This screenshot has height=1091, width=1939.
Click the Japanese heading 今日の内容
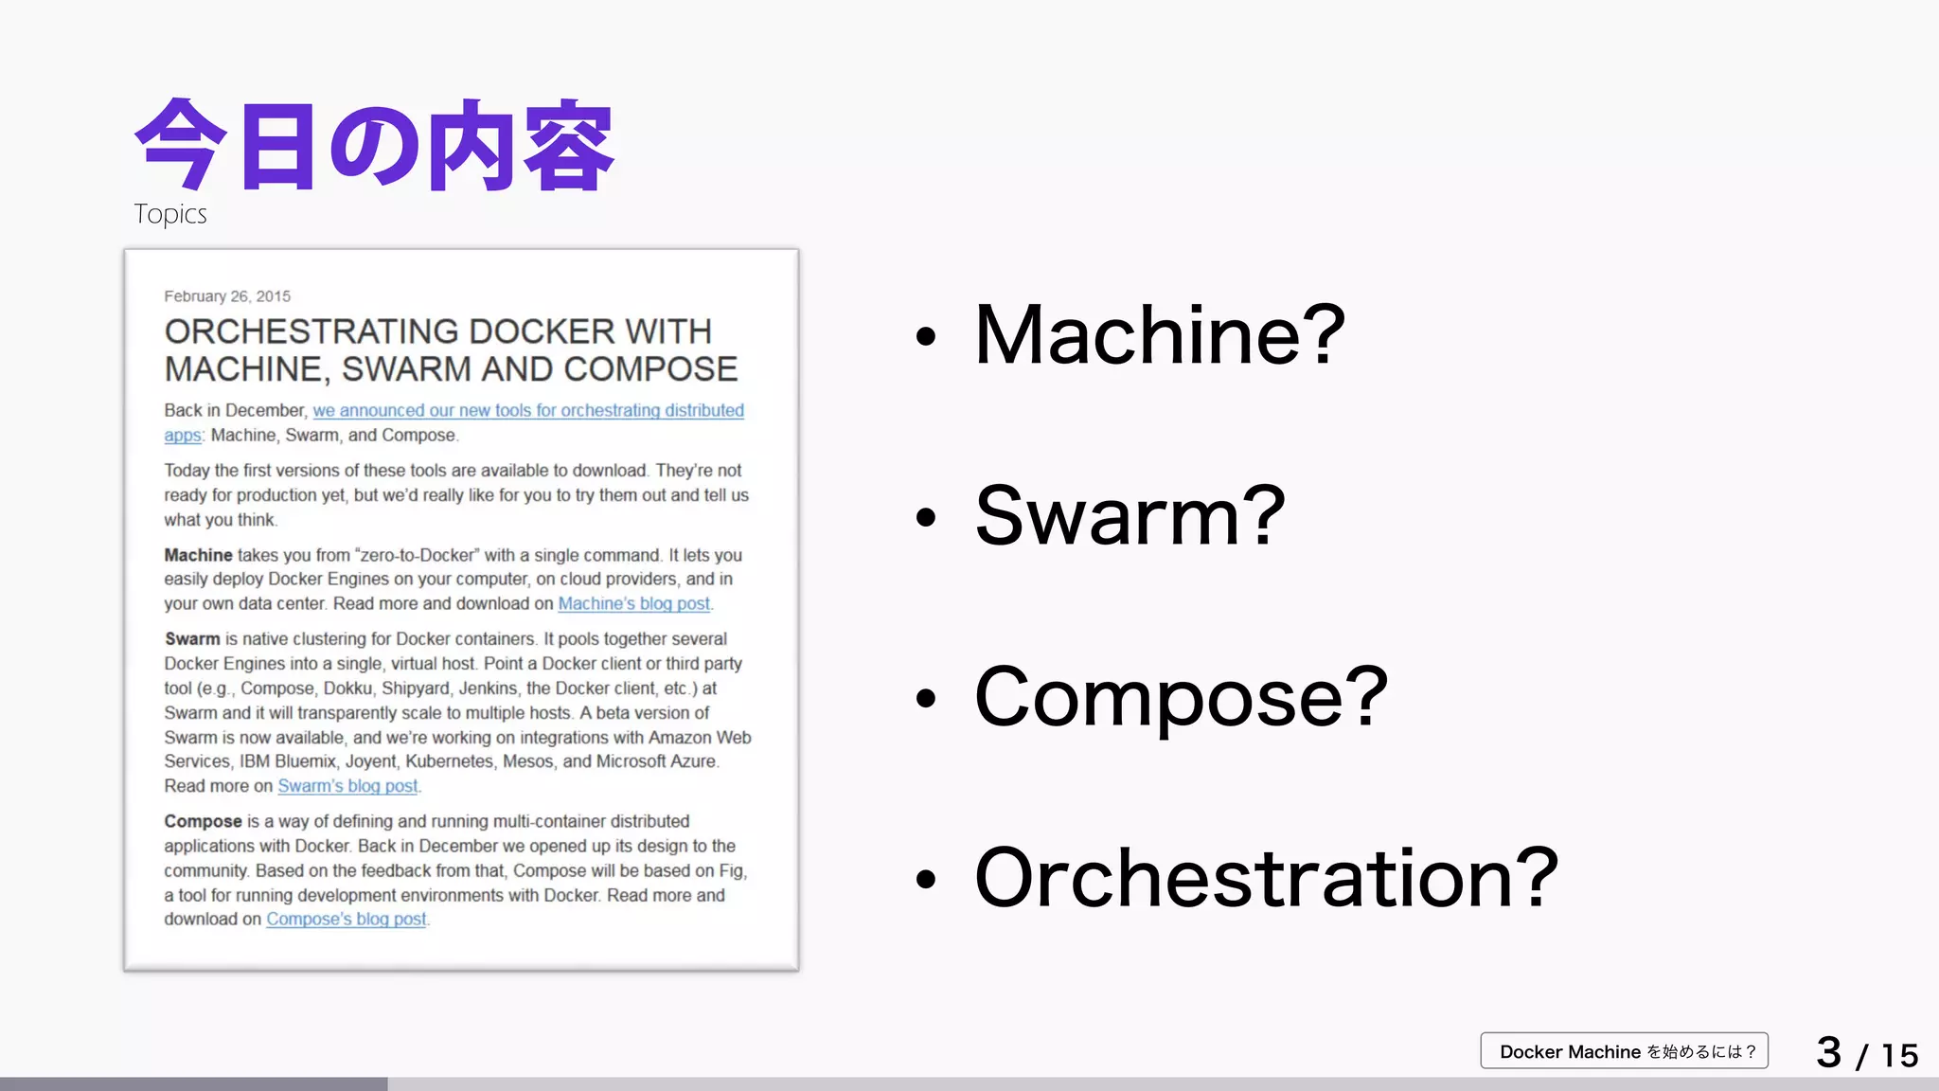click(x=375, y=146)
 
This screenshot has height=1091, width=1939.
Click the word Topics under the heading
click(x=170, y=214)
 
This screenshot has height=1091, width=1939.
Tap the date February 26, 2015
click(x=227, y=296)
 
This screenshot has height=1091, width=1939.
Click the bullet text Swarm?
click(x=1130, y=516)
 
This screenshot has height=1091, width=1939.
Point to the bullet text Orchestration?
click(x=1265, y=878)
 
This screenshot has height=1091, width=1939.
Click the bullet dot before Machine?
click(x=925, y=336)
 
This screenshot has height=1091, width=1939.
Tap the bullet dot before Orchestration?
click(x=925, y=880)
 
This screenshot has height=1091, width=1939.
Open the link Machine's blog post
click(x=633, y=604)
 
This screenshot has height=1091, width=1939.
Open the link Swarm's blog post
click(x=347, y=786)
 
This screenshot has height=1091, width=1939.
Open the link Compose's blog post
click(x=347, y=920)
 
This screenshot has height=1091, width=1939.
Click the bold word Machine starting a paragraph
click(x=198, y=555)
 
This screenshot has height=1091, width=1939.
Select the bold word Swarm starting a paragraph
click(x=192, y=639)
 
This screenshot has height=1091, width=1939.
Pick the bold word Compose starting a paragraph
click(x=203, y=821)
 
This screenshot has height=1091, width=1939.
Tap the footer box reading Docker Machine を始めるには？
click(x=1624, y=1051)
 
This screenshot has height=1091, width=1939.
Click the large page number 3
click(x=1828, y=1052)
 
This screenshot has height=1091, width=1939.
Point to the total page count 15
click(x=1899, y=1055)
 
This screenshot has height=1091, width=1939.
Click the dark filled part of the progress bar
click(x=193, y=1083)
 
